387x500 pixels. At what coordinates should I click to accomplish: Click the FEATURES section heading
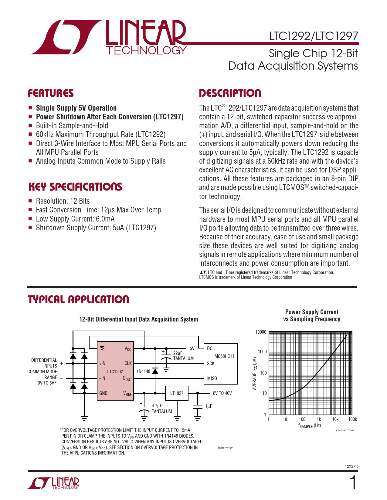tap(51, 93)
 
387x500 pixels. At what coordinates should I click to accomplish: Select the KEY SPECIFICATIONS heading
tap(75, 187)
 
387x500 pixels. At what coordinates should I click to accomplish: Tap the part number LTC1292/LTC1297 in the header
tap(314, 36)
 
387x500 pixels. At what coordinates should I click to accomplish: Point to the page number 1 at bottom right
tap(353, 483)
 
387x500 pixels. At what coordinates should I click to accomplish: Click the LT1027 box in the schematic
tap(177, 393)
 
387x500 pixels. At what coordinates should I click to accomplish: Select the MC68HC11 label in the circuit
tap(224, 356)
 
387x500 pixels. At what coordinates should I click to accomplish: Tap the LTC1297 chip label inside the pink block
tap(115, 372)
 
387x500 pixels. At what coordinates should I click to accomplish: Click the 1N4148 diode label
tap(143, 371)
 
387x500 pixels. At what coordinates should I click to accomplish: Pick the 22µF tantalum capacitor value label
tap(178, 353)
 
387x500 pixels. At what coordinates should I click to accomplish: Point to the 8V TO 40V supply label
tap(222, 393)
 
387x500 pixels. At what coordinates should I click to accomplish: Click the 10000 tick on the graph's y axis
tap(261, 332)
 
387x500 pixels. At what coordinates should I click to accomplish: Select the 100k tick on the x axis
tap(352, 419)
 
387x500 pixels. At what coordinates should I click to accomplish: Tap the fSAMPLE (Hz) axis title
tap(309, 426)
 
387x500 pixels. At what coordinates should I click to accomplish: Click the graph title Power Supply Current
tap(312, 312)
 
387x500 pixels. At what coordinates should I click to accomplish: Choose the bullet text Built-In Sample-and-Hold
tap(72, 125)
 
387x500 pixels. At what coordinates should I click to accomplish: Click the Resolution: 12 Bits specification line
tap(63, 201)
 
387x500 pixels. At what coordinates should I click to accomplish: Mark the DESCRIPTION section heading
tap(230, 93)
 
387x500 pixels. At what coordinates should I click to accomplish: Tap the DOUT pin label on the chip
tap(127, 378)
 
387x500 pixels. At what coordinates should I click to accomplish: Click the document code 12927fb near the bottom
tap(352, 466)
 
